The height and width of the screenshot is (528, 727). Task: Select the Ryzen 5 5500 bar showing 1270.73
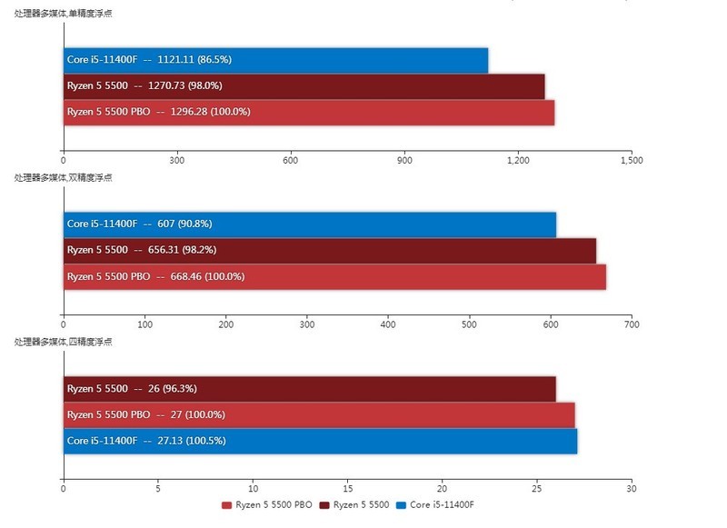pyautogui.click(x=304, y=86)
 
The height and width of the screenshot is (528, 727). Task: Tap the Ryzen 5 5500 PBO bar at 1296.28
pyautogui.click(x=308, y=112)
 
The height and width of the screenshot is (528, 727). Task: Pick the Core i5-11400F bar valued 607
pyautogui.click(x=309, y=224)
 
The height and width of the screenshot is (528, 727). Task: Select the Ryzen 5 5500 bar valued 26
pyautogui.click(x=309, y=389)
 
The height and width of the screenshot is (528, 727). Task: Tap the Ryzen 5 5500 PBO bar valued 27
pyautogui.click(x=318, y=414)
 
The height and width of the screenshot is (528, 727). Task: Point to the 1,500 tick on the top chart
pyautogui.click(x=632, y=160)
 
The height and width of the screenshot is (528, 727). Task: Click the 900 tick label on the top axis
pyautogui.click(x=404, y=160)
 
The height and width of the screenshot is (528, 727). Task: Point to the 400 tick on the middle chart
pyautogui.click(x=388, y=324)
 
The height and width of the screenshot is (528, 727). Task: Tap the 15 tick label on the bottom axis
pyautogui.click(x=347, y=488)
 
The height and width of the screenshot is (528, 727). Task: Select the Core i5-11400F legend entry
pyautogui.click(x=435, y=504)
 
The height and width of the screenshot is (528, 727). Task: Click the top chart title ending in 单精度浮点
pyautogui.click(x=63, y=14)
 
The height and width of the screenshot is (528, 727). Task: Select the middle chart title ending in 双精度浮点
pyautogui.click(x=63, y=178)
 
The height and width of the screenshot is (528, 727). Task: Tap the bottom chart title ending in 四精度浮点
pyautogui.click(x=63, y=342)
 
